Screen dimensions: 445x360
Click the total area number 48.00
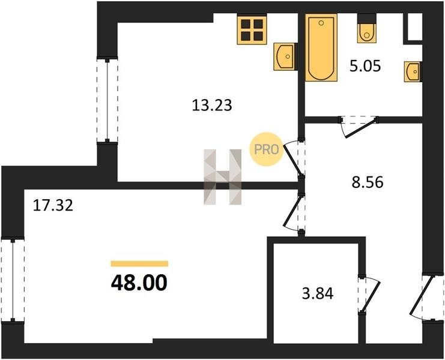pyautogui.click(x=139, y=283)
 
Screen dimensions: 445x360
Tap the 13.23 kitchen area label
pyautogui.click(x=212, y=106)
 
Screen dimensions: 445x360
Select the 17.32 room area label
pyautogui.click(x=53, y=205)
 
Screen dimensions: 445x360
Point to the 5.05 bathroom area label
pyautogui.click(x=365, y=67)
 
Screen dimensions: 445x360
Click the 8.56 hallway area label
pyautogui.click(x=368, y=182)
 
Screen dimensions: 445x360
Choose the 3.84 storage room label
pyautogui.click(x=318, y=293)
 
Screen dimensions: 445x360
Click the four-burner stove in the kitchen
pyautogui.click(x=252, y=29)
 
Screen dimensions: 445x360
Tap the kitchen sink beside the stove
pyautogui.click(x=285, y=56)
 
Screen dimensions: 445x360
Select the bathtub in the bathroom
pyautogui.click(x=321, y=47)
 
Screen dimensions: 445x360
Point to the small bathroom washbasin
pyautogui.click(x=413, y=72)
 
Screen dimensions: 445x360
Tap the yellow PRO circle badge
pyautogui.click(x=266, y=149)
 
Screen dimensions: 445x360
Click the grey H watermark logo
pyautogui.click(x=222, y=177)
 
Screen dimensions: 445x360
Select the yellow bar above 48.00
pyautogui.click(x=139, y=263)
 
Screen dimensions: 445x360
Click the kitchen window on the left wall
pyautogui.click(x=107, y=101)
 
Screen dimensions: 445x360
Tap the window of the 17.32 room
pyautogui.click(x=13, y=280)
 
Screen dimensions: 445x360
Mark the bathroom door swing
pyautogui.click(x=359, y=127)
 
